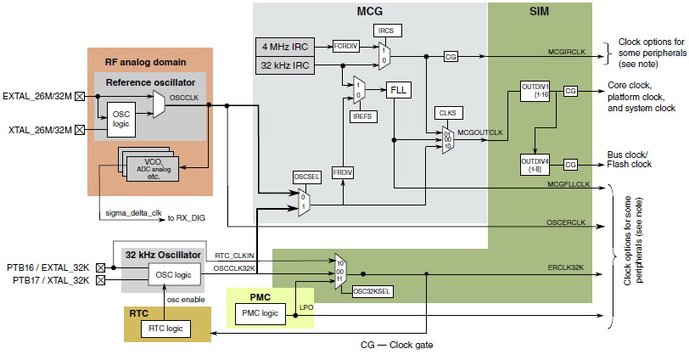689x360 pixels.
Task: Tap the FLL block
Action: [x=397, y=90]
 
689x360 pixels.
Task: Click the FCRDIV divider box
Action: [x=345, y=45]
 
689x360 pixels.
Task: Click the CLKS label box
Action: [x=448, y=113]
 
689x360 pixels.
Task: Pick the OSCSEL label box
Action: [x=305, y=177]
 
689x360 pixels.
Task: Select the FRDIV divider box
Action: [x=343, y=172]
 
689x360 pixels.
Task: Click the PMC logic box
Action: [x=260, y=314]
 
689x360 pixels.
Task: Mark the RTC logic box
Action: [x=167, y=329]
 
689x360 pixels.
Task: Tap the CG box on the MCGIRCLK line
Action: [x=451, y=57]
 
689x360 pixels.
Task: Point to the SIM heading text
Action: [x=541, y=12]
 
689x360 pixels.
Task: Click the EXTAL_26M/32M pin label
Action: [x=38, y=95]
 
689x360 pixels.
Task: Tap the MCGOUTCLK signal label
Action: [x=480, y=132]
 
